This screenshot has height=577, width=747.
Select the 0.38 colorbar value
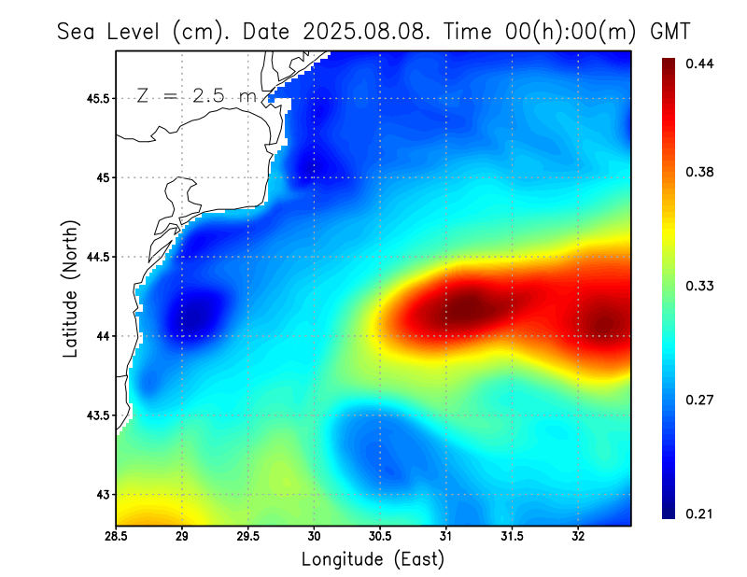point(700,172)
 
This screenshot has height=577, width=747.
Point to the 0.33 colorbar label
point(700,286)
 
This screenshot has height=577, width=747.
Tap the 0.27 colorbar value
point(700,400)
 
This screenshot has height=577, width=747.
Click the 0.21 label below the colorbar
point(700,514)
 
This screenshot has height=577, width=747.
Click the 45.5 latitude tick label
point(94,98)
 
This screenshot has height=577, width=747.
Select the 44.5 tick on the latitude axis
point(94,257)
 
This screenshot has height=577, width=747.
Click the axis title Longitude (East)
point(373,559)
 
